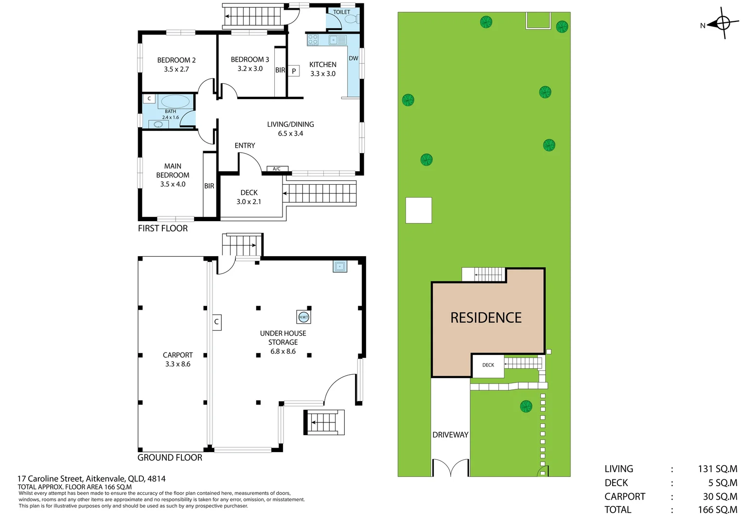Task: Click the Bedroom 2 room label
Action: click(176, 60)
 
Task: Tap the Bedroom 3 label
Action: click(249, 59)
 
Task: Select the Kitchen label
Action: click(322, 64)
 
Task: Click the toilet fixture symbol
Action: click(351, 19)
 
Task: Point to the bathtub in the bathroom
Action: click(175, 102)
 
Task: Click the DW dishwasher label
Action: click(354, 58)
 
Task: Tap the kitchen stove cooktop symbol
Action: click(313, 40)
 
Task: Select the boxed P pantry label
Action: click(294, 71)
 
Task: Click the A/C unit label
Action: click(277, 169)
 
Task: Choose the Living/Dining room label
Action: click(290, 124)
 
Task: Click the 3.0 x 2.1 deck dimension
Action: click(248, 202)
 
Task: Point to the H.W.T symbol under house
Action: click(303, 317)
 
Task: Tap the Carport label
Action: click(177, 355)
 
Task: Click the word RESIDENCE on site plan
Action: click(486, 318)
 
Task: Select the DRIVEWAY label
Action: click(450, 435)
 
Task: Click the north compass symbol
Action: click(723, 23)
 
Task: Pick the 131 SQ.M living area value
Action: click(717, 469)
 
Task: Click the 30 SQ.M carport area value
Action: click(720, 496)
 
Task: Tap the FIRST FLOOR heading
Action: click(162, 228)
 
